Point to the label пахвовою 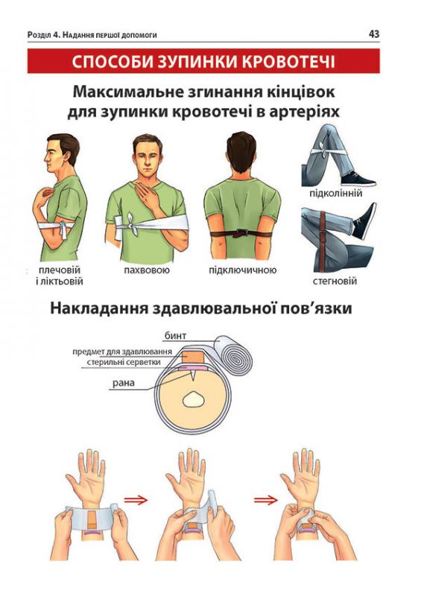pos(148,270)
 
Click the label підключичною pos(243,270)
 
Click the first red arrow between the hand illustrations pos(136,500)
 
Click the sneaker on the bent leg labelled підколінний pos(359,179)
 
